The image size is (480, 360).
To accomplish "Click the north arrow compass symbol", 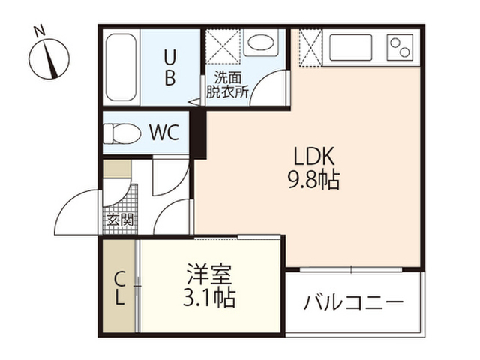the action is (49, 59).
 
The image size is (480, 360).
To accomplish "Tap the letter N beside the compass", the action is (39, 31).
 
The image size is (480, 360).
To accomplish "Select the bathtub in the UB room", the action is (121, 67).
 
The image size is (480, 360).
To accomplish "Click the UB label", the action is (170, 67).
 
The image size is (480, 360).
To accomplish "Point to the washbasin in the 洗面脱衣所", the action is (261, 43).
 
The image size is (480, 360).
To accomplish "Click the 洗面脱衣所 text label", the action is (227, 85).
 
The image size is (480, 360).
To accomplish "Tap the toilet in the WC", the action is (121, 133).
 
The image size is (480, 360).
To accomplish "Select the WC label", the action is (164, 133).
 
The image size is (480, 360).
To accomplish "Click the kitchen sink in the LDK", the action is (350, 48).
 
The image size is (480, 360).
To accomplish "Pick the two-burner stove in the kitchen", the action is (400, 48).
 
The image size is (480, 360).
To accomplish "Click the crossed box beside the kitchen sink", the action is (310, 47).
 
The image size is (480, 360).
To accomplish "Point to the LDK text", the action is (313, 156).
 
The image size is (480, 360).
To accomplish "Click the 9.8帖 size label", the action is (313, 180).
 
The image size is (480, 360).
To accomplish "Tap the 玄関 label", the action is (120, 220).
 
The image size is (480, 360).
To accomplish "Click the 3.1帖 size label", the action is (209, 297).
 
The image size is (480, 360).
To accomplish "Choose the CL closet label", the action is (120, 289).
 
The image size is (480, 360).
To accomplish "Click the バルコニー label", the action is (353, 302).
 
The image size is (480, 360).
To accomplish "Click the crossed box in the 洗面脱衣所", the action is (223, 46).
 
